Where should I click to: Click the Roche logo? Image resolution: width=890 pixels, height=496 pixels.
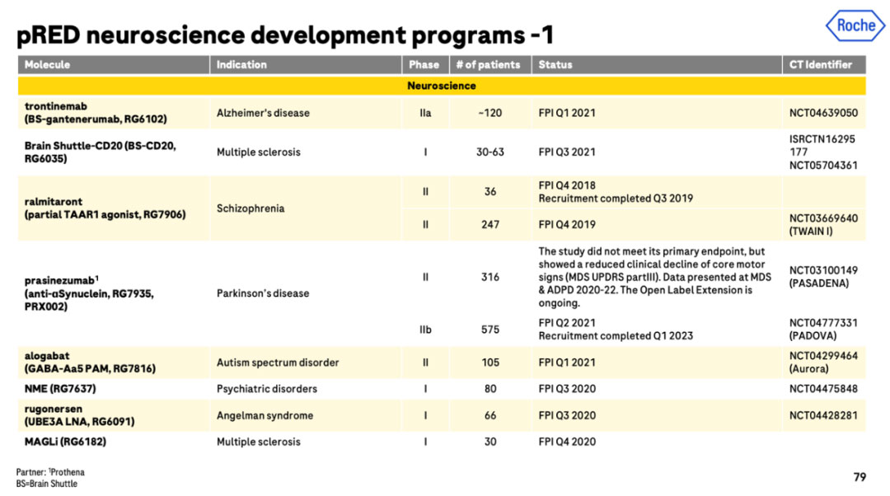coord(855,26)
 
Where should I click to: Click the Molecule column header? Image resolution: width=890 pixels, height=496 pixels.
coord(47,65)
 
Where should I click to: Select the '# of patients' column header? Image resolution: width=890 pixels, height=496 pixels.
coord(488,65)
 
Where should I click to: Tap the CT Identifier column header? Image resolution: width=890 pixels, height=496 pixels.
coord(820,65)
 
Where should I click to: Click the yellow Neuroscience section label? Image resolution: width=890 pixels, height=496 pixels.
coord(442,86)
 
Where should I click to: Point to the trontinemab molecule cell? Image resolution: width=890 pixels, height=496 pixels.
coord(96,112)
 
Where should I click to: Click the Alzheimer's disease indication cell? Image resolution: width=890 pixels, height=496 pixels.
coord(263,113)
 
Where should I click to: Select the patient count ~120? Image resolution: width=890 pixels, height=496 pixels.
coord(489,113)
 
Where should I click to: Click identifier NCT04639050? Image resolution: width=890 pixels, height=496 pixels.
coord(823,113)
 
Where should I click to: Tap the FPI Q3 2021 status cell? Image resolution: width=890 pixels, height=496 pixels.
coord(567,152)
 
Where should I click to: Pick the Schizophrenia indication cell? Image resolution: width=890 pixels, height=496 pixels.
coord(251,208)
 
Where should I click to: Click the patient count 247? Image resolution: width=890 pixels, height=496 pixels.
coord(489,225)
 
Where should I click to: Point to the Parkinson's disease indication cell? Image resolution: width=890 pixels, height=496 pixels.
coord(263,293)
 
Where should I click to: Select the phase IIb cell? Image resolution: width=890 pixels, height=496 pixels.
coord(425,330)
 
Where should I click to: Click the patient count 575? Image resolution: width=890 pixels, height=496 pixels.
coord(489,330)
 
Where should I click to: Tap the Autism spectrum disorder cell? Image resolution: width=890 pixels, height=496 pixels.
coord(278,363)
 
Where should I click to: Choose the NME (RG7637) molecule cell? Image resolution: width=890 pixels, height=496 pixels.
coord(60,389)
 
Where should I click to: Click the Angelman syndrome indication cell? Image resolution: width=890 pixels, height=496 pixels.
coord(265,415)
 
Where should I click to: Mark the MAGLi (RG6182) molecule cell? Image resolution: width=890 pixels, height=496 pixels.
coord(65,442)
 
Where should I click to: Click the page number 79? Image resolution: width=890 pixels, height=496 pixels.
coord(860,477)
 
